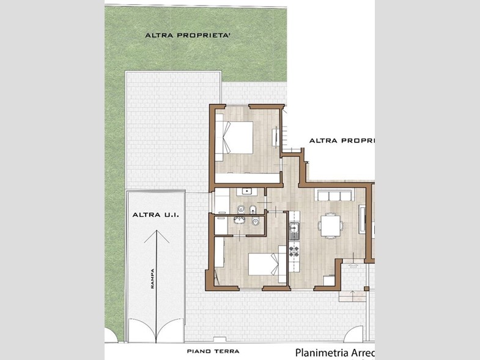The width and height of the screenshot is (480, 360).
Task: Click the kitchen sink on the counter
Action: [x=294, y=231]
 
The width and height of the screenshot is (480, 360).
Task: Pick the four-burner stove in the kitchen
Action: [x=294, y=249]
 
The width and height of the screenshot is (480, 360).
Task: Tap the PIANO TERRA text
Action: [x=213, y=351]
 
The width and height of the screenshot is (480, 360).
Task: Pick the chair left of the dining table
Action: [x=320, y=226]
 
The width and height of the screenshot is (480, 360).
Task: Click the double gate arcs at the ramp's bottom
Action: [x=157, y=331]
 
